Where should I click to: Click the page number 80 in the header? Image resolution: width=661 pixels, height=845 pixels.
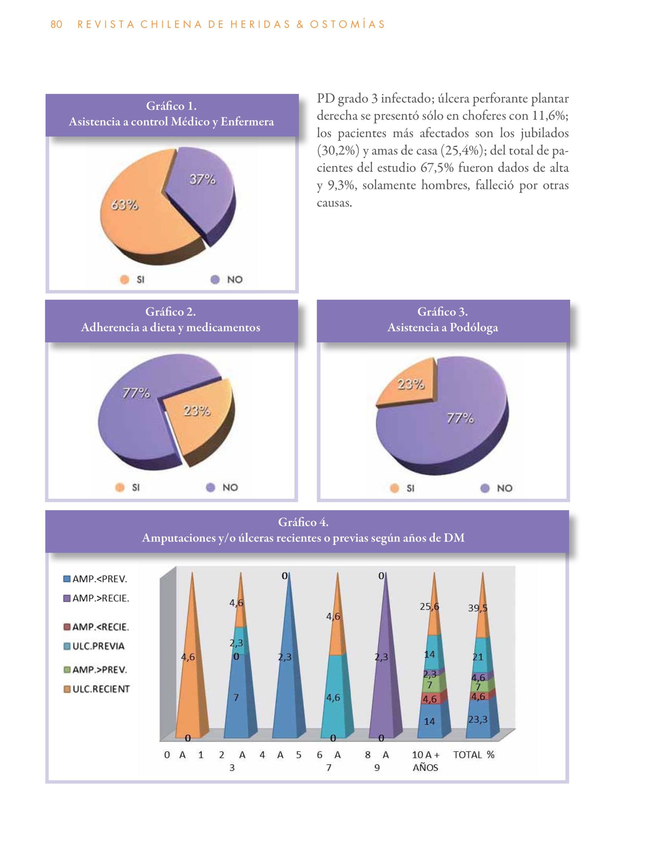56,24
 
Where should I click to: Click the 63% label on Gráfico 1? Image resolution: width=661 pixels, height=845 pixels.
125,205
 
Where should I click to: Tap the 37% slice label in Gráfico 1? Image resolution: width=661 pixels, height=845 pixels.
202,180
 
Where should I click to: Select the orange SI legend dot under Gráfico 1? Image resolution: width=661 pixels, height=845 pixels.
125,279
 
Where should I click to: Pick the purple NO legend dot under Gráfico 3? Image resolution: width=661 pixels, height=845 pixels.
484,488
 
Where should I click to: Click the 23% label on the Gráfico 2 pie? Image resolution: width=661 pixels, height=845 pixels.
197,411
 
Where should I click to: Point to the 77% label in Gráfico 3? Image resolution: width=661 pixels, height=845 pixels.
460,418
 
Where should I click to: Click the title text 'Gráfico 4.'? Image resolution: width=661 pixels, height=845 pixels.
303,522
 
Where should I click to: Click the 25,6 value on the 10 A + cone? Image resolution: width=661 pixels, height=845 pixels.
429,607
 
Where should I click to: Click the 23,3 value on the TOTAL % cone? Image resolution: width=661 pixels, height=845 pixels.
478,720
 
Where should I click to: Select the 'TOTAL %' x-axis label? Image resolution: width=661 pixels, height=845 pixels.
474,755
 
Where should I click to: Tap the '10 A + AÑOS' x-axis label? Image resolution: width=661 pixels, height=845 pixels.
425,760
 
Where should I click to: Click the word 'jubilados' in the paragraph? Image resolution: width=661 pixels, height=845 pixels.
544,133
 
